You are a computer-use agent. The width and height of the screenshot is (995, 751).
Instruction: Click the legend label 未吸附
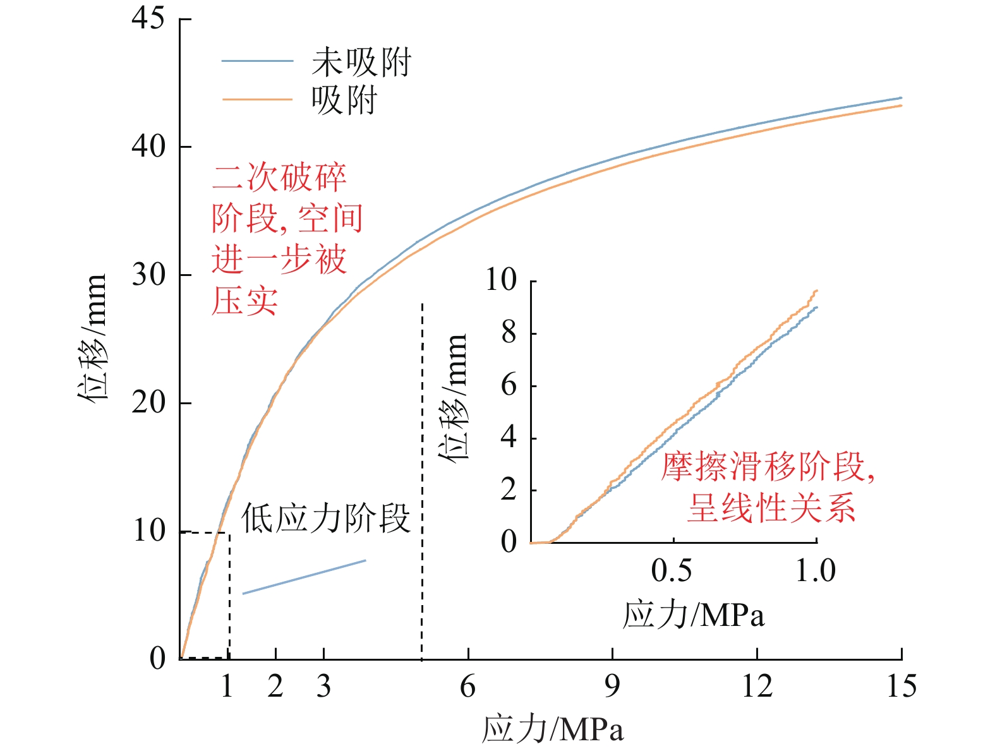tap(361, 62)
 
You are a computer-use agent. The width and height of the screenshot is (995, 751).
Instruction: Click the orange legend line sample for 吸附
tap(257, 100)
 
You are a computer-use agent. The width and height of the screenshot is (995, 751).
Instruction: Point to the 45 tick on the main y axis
tap(148, 18)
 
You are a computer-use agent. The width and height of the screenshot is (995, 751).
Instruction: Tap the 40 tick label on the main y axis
tap(148, 147)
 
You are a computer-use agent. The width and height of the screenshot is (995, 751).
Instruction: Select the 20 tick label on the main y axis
tap(148, 402)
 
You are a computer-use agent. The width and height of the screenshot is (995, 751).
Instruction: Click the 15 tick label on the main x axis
tap(901, 687)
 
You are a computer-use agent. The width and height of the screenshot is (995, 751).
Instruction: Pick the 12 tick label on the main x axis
tap(757, 687)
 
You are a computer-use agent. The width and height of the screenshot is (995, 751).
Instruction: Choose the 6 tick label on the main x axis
tap(467, 687)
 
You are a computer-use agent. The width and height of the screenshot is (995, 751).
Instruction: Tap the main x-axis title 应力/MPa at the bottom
tap(553, 729)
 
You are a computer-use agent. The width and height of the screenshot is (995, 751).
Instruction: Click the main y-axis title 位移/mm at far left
tap(92, 338)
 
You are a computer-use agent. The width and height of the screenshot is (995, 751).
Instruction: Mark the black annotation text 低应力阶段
tap(325, 519)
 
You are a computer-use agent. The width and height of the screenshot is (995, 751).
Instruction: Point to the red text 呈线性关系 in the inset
tap(771, 508)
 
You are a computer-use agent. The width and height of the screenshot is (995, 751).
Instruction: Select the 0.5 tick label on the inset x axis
tap(672, 571)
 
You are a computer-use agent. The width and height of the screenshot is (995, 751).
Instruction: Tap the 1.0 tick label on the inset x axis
tap(816, 571)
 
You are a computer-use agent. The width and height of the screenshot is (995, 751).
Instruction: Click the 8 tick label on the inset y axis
tap(509, 333)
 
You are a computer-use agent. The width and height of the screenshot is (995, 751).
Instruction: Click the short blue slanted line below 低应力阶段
tap(304, 577)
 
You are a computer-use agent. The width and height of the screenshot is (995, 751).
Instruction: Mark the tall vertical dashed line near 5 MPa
tap(422, 480)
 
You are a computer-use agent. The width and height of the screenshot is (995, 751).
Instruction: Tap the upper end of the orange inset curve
tap(817, 291)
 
